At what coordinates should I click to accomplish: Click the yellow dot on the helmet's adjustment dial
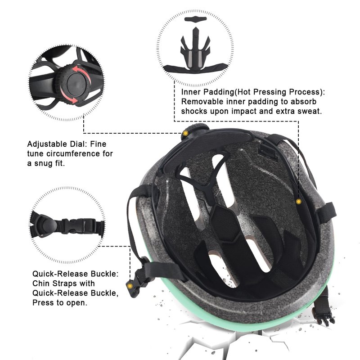click(x=185, y=133)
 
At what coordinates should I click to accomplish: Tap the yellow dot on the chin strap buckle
click(x=130, y=286)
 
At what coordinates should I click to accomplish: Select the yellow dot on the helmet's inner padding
click(x=298, y=202)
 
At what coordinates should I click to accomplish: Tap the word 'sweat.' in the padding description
click(x=310, y=111)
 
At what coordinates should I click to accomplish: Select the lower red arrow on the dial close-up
click(x=68, y=97)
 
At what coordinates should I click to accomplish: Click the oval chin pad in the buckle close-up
click(x=47, y=225)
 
